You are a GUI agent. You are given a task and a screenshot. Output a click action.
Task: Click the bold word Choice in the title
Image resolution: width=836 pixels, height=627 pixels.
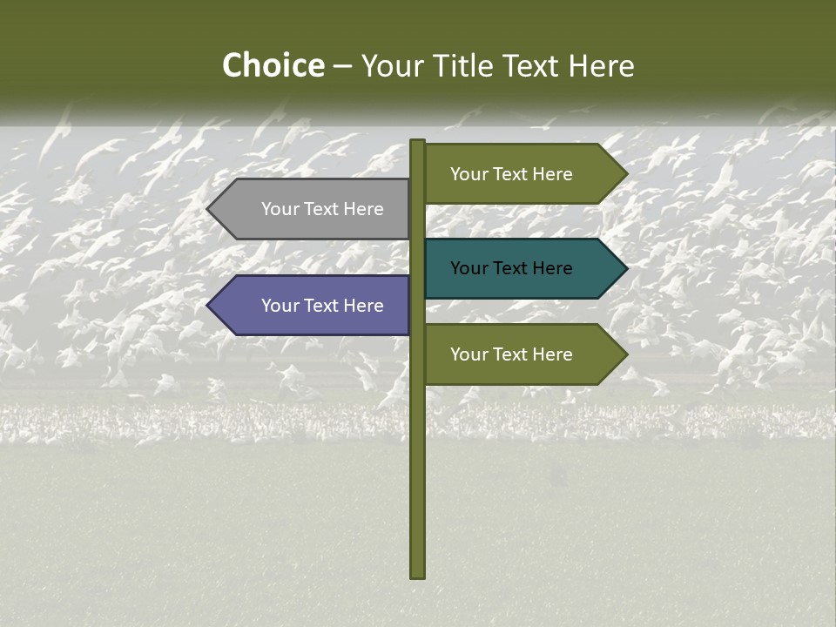point(273,66)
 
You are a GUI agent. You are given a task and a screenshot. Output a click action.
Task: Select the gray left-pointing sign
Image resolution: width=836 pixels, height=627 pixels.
point(313,209)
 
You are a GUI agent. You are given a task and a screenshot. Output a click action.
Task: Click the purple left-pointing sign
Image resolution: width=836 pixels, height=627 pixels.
point(313,306)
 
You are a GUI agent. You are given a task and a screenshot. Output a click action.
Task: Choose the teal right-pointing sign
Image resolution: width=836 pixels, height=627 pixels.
point(522,268)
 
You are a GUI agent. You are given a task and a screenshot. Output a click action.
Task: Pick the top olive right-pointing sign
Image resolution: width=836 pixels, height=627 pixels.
point(522,174)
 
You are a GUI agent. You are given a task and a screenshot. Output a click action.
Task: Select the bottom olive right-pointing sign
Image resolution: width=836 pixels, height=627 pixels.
point(522,354)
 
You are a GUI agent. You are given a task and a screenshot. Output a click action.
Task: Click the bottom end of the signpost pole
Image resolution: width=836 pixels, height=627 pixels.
point(418,575)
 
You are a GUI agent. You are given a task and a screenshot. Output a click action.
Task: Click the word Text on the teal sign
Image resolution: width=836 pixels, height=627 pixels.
point(512,268)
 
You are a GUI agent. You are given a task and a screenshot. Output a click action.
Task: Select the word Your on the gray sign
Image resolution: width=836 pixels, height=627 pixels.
point(279,209)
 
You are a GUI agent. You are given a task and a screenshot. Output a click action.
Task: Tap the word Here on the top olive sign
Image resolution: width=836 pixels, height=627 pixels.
point(553,174)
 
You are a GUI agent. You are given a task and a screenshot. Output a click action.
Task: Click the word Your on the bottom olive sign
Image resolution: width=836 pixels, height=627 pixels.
point(468,354)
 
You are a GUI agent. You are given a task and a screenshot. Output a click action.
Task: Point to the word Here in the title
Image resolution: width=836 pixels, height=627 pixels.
point(602,66)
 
